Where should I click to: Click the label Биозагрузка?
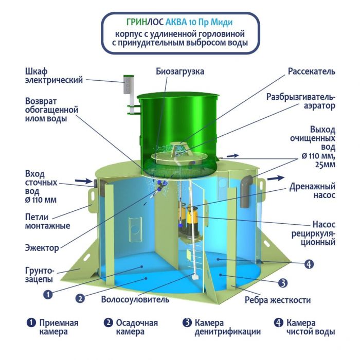(180, 71)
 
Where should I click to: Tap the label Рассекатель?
(312, 71)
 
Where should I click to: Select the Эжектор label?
(42, 248)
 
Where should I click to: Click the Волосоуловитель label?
(135, 299)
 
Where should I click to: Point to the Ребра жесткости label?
(278, 300)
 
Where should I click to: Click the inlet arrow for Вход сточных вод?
(84, 181)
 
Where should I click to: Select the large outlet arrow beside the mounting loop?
(276, 178)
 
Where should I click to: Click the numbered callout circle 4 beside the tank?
(309, 264)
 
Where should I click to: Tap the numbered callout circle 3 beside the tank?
(283, 283)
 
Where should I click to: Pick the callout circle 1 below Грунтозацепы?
(48, 295)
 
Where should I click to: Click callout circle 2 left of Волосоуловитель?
(80, 298)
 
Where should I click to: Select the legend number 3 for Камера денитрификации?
(187, 322)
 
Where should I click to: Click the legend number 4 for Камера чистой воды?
(279, 322)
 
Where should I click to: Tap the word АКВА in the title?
(176, 22)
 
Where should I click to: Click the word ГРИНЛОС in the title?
(145, 22)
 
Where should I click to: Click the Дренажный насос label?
(312, 191)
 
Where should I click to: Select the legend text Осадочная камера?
(137, 327)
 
